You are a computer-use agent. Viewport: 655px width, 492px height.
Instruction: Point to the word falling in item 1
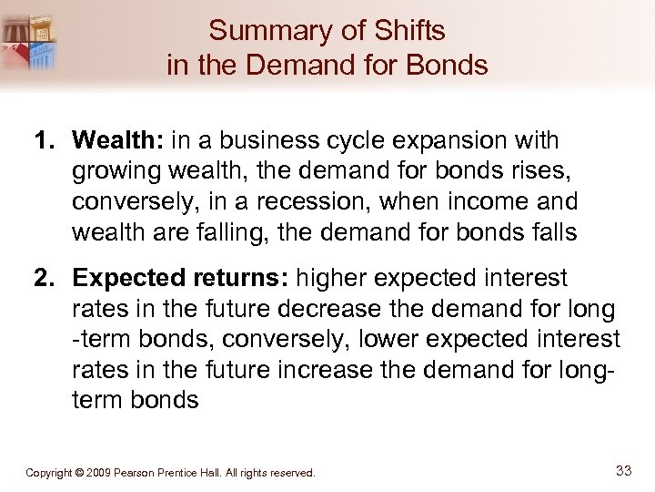213,232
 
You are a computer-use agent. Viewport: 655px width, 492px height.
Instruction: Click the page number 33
623,471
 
